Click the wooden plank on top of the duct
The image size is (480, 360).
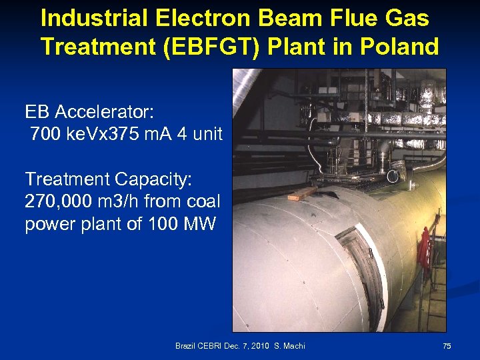(304, 193)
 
